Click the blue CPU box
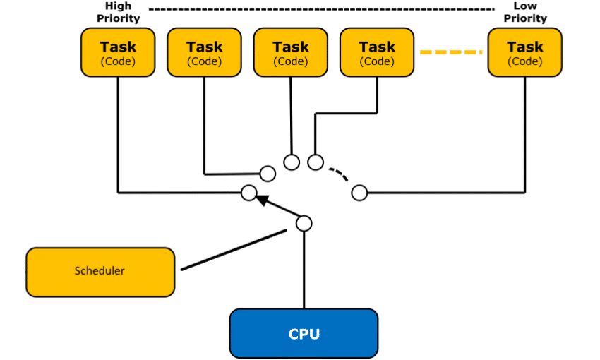304,333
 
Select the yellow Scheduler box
100,271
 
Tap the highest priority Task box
118,52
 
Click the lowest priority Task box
525,52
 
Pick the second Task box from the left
204,52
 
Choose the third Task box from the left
291,52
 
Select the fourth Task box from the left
377,52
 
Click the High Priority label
119,13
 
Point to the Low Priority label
525,13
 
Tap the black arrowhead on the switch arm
262,200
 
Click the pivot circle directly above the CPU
304,223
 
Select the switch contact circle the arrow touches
248,192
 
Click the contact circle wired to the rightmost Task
359,192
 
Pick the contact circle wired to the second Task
268,173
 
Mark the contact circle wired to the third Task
292,162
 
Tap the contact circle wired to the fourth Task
316,162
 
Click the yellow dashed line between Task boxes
451,52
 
